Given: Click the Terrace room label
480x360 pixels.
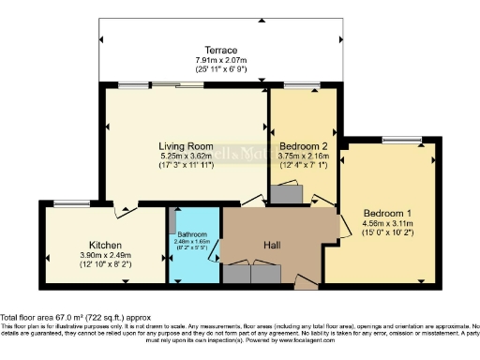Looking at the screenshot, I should pyautogui.click(x=222, y=50).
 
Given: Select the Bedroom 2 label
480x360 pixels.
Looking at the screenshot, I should pyautogui.click(x=303, y=145).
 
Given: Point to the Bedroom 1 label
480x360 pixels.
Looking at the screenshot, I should pyautogui.click(x=386, y=212).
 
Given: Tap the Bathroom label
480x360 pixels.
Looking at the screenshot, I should pyautogui.click(x=191, y=232).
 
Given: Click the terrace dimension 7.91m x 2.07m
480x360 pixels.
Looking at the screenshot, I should pyautogui.click(x=222, y=60).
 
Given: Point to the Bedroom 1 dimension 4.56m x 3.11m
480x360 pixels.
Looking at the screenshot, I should pyautogui.click(x=386, y=224).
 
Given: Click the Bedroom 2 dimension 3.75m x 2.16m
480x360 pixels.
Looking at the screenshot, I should pyautogui.click(x=303, y=157).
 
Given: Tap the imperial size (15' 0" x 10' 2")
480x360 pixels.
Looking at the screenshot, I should pyautogui.click(x=386, y=233).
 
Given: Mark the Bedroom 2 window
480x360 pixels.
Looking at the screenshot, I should pyautogui.click(x=301, y=86).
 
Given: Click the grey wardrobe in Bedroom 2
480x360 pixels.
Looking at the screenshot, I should pyautogui.click(x=285, y=193).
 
